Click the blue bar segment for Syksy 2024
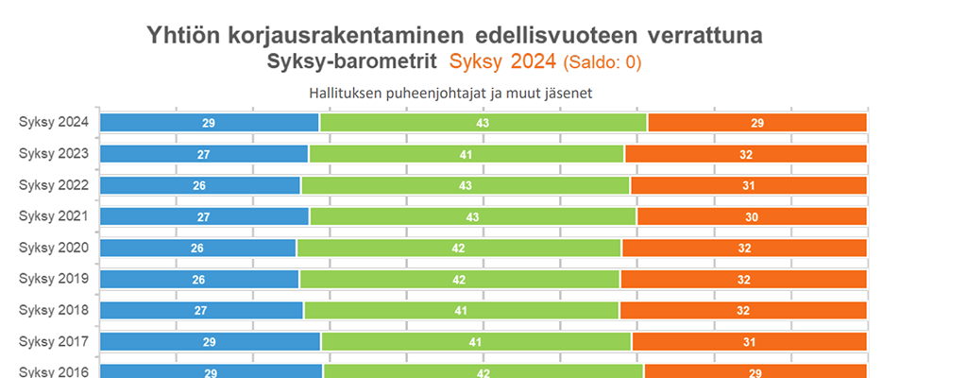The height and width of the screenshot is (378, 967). (x=210, y=122)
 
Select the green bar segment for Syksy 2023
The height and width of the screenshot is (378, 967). (x=467, y=154)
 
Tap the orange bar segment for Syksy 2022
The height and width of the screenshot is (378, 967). (x=748, y=185)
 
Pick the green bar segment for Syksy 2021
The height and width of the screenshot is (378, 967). (x=473, y=216)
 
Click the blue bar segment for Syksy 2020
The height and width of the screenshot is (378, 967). (x=198, y=248)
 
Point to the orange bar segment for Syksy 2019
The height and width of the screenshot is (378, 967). (x=743, y=280)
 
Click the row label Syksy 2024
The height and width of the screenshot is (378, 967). (x=54, y=122)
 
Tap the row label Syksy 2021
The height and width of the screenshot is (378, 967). (x=54, y=216)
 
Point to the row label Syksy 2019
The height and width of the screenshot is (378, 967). (x=54, y=279)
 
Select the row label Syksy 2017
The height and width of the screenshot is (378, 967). (x=54, y=341)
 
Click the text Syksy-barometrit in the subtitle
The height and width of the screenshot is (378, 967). (x=351, y=63)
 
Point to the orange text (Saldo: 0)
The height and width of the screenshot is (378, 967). (x=602, y=64)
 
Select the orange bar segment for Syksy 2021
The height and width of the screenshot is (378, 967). (x=752, y=216)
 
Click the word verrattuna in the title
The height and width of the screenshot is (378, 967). (x=704, y=36)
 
